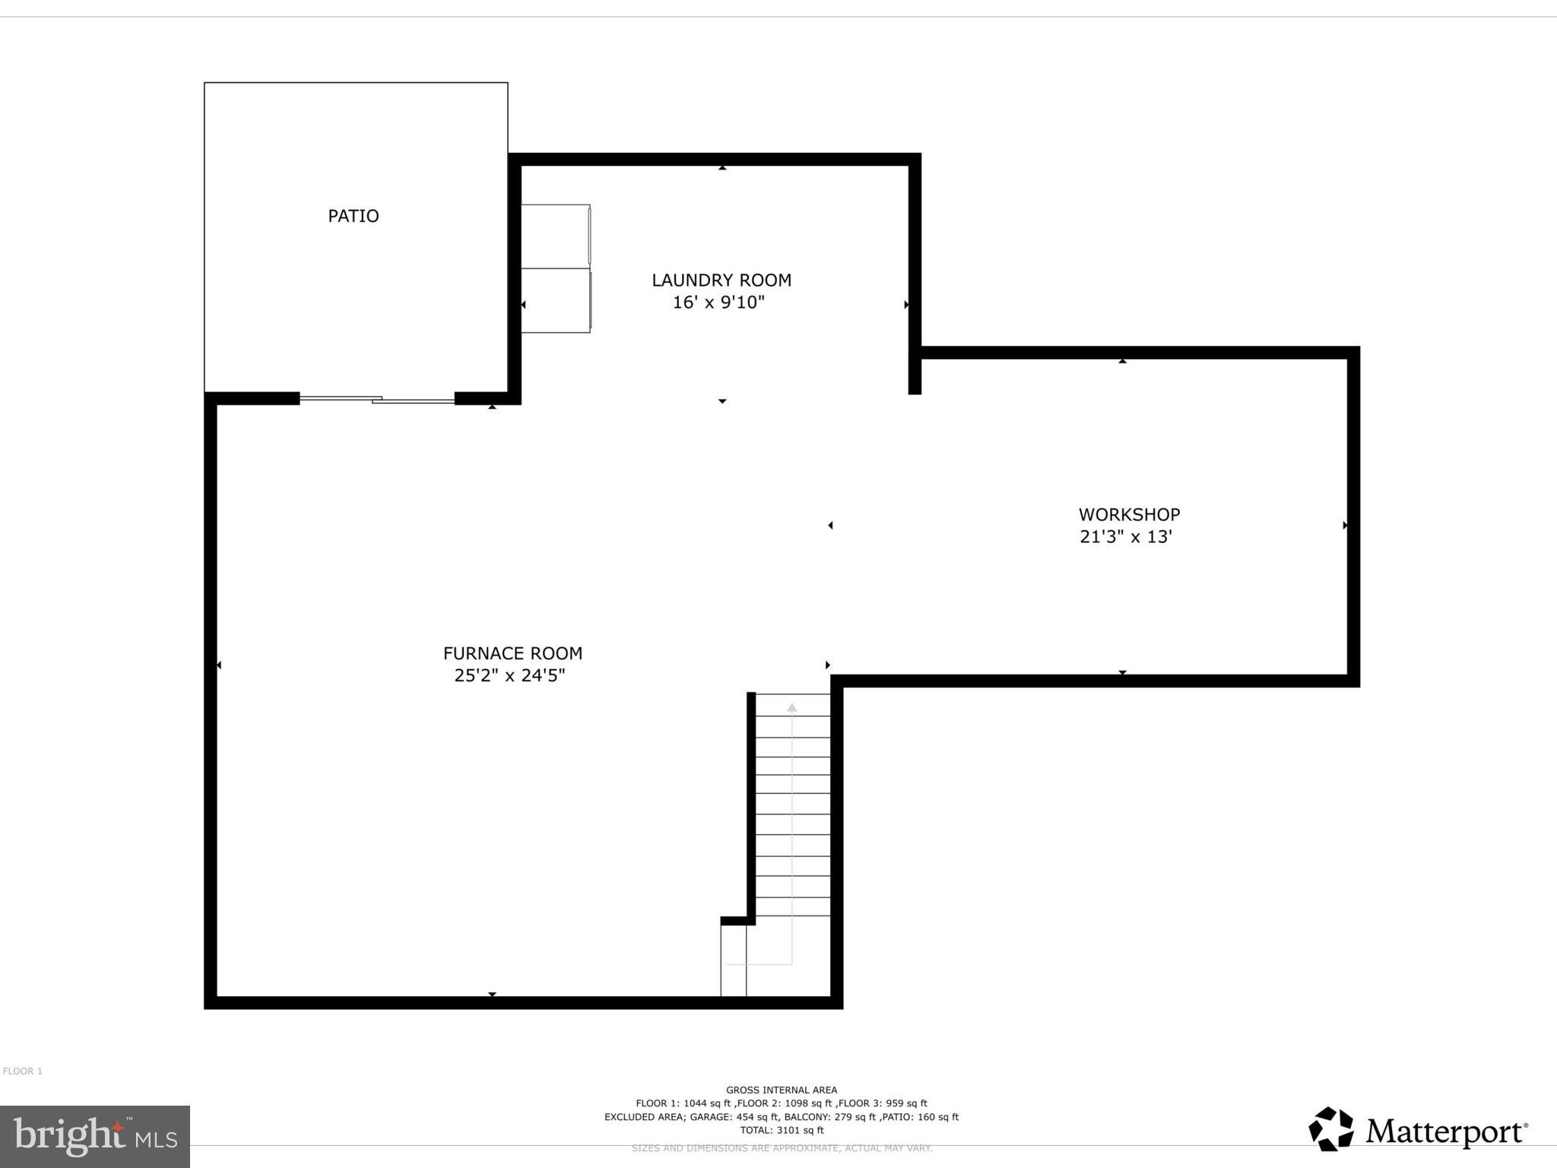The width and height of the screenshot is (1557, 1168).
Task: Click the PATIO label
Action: tap(353, 216)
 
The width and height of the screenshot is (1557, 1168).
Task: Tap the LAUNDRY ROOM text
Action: tap(721, 280)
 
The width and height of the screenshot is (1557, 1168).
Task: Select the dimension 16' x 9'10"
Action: tap(718, 303)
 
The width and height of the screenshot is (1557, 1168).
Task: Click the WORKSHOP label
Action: tap(1128, 515)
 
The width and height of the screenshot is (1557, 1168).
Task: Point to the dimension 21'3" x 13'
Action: tap(1125, 537)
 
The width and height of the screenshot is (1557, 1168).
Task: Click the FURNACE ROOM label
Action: tap(512, 653)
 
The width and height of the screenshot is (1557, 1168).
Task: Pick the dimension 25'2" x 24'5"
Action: tap(509, 675)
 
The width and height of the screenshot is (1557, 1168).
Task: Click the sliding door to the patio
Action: tap(377, 398)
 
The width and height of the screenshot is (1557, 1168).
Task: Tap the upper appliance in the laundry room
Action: tap(555, 236)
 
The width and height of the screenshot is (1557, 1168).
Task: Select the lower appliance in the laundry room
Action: tap(555, 300)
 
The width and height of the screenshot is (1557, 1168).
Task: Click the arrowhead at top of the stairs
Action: tap(791, 707)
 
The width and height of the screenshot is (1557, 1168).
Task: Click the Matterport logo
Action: tap(1417, 1131)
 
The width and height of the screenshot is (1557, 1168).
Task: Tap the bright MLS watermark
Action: tap(94, 1136)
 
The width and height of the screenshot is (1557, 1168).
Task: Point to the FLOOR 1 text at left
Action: tap(23, 1071)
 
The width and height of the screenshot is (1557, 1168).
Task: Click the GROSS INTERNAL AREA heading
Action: tap(781, 1090)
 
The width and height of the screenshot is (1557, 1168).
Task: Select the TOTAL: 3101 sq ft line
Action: tap(781, 1131)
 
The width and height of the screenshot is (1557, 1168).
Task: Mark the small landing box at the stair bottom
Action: tap(733, 960)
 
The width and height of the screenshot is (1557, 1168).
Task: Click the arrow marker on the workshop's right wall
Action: tap(1344, 525)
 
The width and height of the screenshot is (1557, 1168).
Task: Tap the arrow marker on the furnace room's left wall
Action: tap(219, 665)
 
